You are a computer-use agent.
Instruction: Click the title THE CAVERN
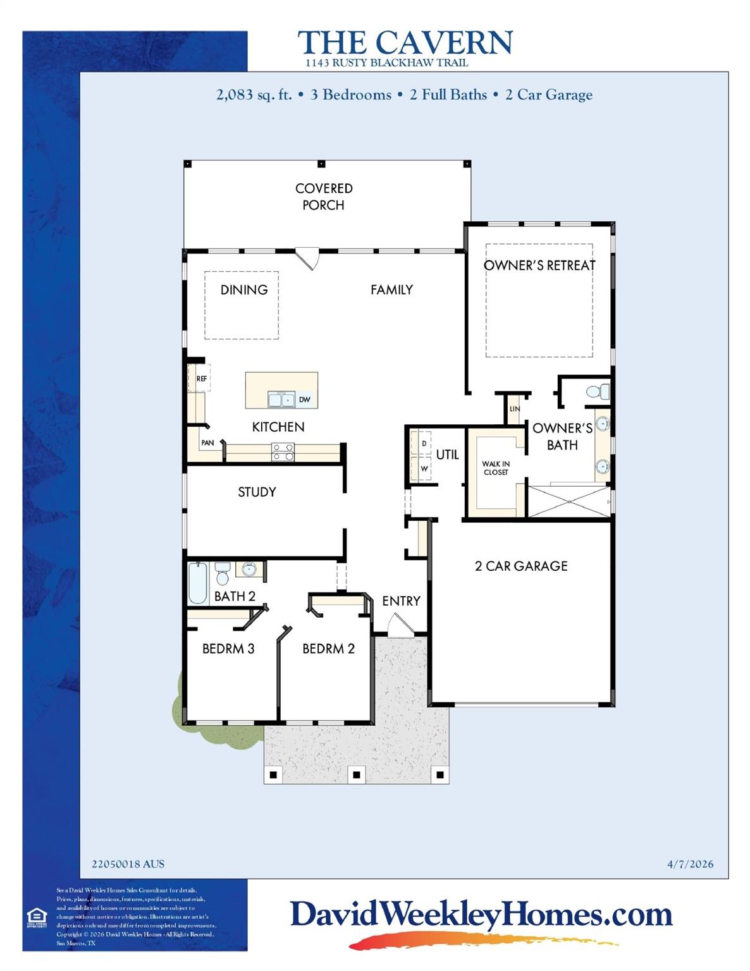click(x=405, y=43)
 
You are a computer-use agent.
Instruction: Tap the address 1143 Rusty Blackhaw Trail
click(x=386, y=63)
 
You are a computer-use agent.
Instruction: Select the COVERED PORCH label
click(x=323, y=197)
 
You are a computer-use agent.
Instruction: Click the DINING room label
click(x=243, y=290)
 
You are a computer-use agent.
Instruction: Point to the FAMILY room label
click(x=391, y=290)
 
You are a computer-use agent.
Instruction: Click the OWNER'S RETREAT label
click(x=539, y=266)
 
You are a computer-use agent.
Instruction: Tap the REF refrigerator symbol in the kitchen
click(x=200, y=379)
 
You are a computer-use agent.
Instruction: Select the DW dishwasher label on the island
click(x=304, y=400)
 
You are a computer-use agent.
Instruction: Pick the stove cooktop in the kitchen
click(x=282, y=451)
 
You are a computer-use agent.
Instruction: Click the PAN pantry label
click(x=207, y=443)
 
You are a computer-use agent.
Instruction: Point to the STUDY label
click(x=257, y=492)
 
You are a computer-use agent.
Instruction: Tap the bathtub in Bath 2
click(x=198, y=583)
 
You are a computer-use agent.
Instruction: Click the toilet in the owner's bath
click(x=598, y=392)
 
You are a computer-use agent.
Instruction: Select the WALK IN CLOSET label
click(x=496, y=468)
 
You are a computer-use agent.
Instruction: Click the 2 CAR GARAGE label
click(x=521, y=566)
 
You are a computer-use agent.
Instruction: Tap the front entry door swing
click(x=399, y=627)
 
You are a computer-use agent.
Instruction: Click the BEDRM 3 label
click(x=228, y=649)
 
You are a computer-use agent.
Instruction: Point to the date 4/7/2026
click(x=690, y=864)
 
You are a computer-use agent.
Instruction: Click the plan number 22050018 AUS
click(x=128, y=864)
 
